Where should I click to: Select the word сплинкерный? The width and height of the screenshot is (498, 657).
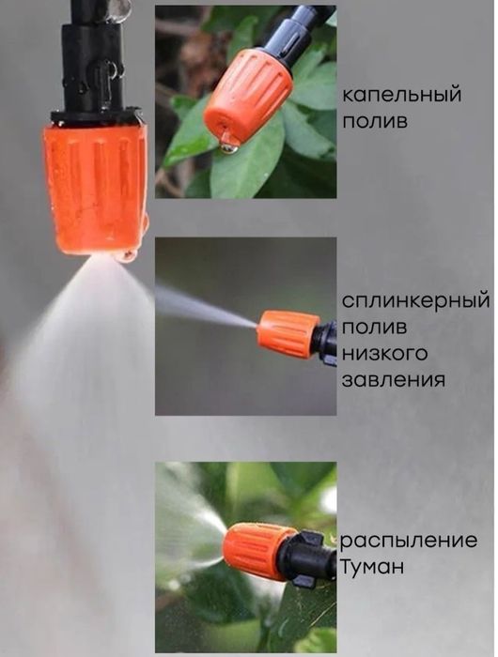pos(416,303)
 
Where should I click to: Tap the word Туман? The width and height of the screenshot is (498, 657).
pos(374,567)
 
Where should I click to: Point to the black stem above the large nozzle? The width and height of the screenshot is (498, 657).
pos(91,66)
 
